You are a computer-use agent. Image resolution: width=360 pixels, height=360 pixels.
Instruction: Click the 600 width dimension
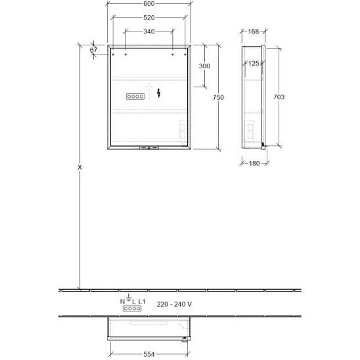tap(149, 4)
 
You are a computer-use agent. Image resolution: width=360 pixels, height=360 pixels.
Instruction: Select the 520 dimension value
tap(149, 18)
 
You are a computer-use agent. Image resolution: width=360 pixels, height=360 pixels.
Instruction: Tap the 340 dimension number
tap(149, 32)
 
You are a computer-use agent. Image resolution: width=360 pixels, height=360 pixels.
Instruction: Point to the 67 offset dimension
tap(93, 50)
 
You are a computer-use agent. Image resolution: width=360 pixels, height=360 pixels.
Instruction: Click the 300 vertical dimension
tap(204, 66)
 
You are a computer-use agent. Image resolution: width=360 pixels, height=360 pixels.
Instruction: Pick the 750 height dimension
tap(218, 97)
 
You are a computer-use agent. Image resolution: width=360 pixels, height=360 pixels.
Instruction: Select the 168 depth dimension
tap(254, 32)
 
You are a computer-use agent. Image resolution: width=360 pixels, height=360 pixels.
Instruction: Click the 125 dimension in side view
tap(254, 63)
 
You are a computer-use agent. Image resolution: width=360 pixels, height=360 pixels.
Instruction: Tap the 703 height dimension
tap(279, 97)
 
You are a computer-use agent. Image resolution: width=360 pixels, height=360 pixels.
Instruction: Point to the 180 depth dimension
tap(254, 164)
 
